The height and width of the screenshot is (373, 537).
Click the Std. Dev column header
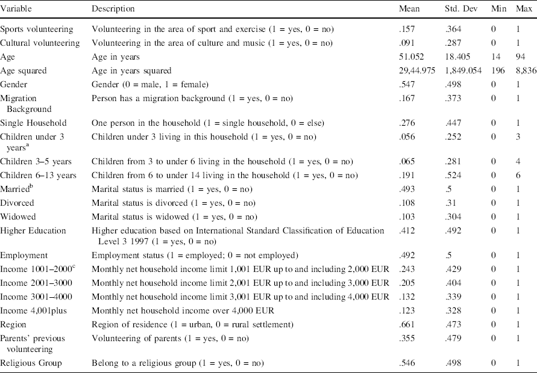click(460, 9)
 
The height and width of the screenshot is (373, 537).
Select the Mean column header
click(409, 9)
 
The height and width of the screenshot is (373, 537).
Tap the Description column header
click(113, 9)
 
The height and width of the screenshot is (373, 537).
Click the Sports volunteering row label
click(37, 29)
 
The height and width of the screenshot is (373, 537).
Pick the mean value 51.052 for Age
click(412, 57)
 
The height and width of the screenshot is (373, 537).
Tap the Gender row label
click(14, 84)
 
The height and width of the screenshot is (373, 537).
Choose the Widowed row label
click(17, 217)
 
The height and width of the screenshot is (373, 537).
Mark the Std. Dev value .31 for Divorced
click(451, 203)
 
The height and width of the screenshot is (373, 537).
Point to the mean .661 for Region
click(407, 325)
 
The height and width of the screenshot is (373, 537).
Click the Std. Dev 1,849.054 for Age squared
click(465, 70)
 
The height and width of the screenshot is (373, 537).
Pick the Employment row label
click(23, 256)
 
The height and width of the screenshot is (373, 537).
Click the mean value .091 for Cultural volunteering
click(407, 43)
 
